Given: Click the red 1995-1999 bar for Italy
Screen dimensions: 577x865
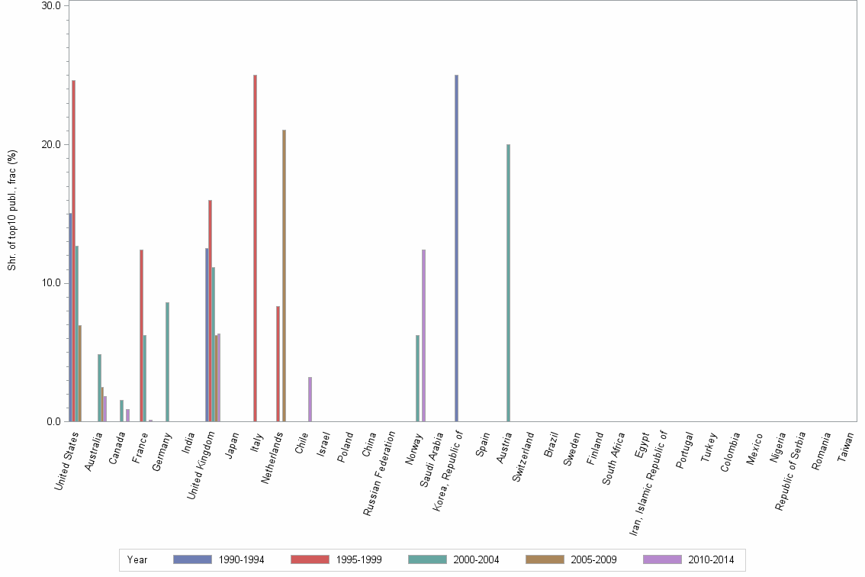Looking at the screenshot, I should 255,248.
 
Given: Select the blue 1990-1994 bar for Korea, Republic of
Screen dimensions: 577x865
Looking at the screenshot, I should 456,248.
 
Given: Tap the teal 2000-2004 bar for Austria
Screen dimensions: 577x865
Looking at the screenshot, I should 508,282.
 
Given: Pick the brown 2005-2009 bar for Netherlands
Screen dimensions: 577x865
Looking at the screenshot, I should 284,276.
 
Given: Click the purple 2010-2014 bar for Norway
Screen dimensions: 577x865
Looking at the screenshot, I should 423,336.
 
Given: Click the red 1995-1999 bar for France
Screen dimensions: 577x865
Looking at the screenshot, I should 141,336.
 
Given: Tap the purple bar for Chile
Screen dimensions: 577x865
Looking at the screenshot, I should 310,399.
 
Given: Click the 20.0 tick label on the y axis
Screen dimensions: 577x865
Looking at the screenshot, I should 51,144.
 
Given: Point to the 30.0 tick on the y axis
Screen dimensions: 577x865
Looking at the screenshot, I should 51,6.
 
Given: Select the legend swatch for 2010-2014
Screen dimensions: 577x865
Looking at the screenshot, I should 662,559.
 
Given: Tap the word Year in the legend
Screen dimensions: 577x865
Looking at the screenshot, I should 137,559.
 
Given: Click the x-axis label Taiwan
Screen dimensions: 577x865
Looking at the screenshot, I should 846,447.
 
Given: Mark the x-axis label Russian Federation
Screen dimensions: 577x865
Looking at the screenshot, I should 380,473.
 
